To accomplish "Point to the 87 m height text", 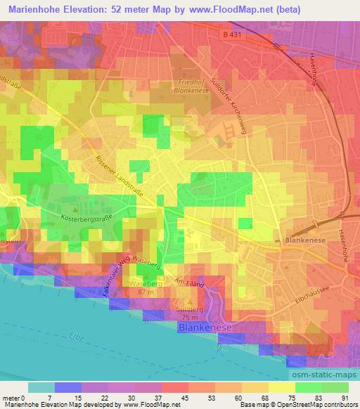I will tap(147, 292).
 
